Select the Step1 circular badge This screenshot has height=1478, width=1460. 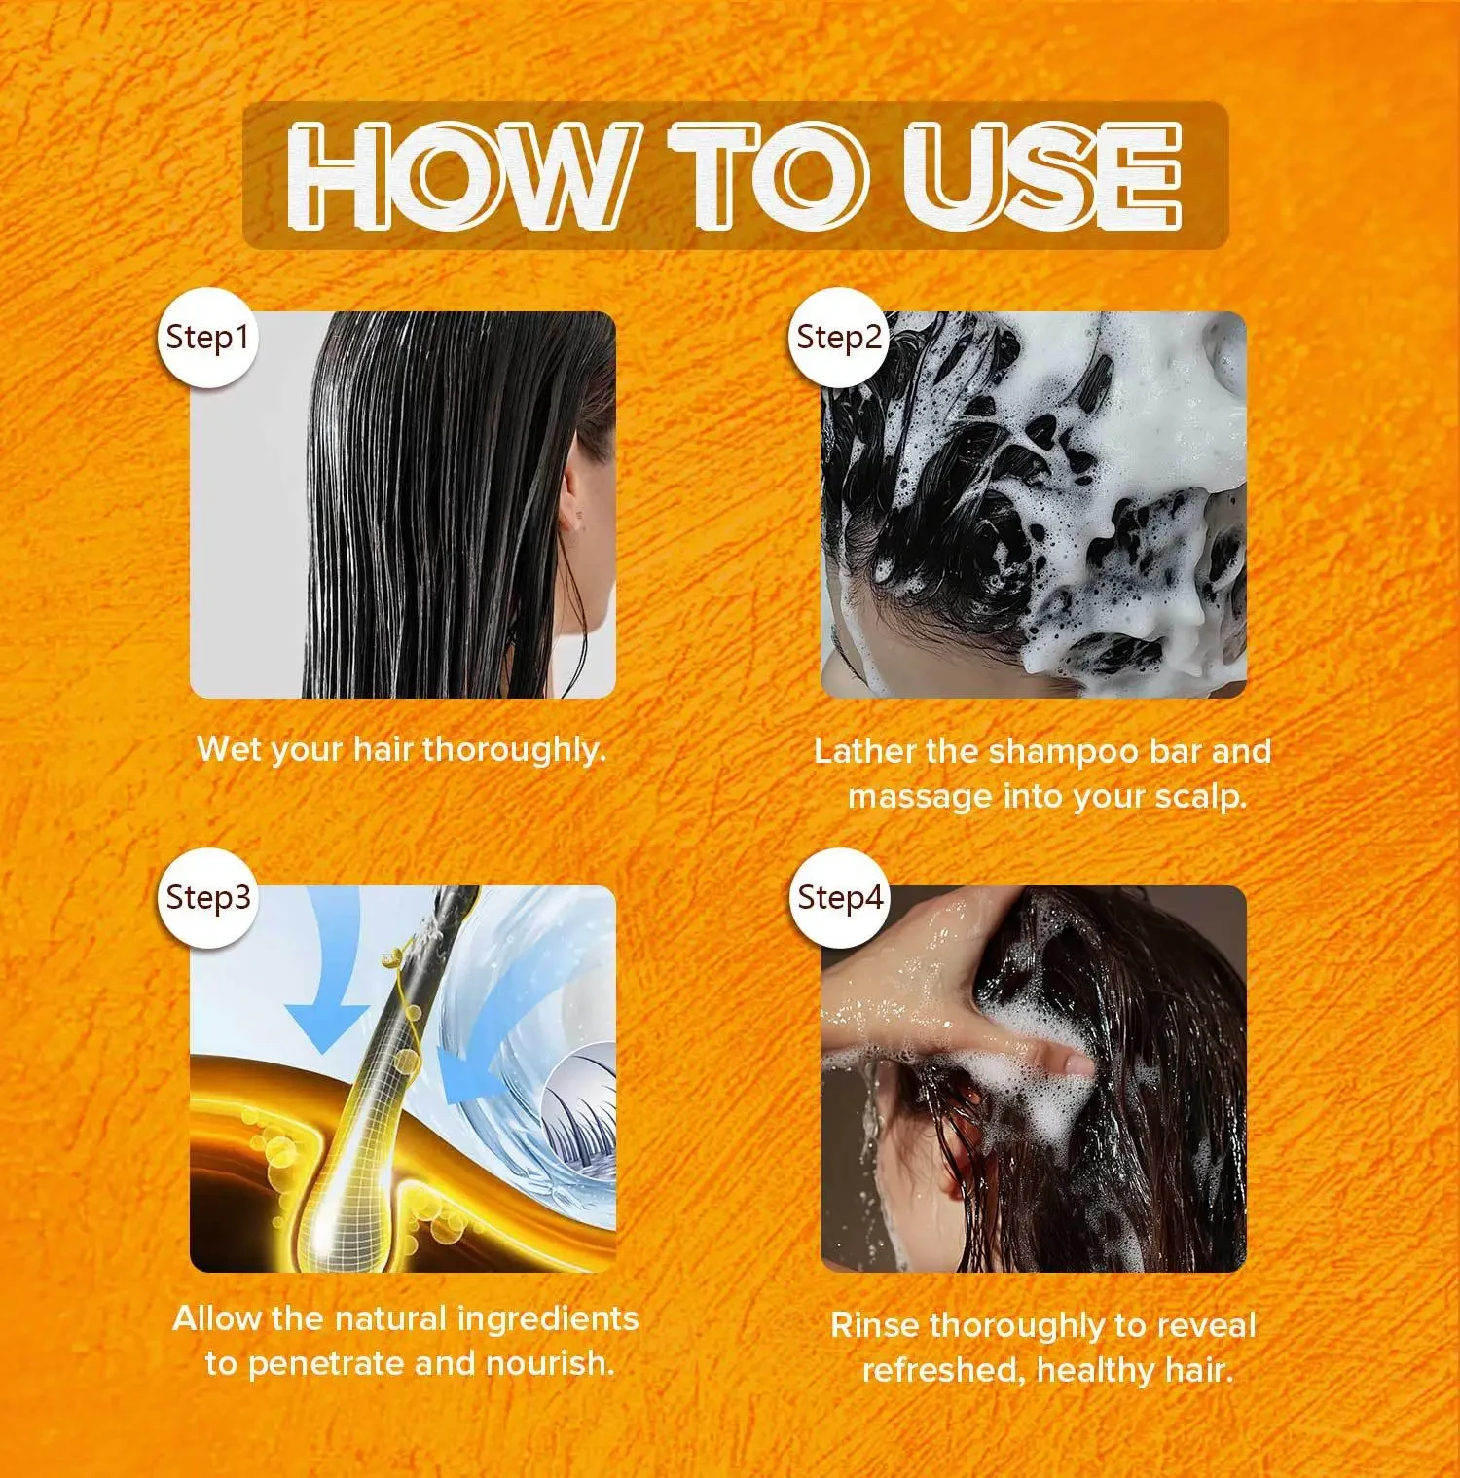tap(207, 339)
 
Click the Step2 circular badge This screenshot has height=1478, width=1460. tap(838, 339)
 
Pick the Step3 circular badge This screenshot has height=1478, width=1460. tap(207, 898)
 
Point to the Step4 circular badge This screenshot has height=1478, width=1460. tap(839, 898)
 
